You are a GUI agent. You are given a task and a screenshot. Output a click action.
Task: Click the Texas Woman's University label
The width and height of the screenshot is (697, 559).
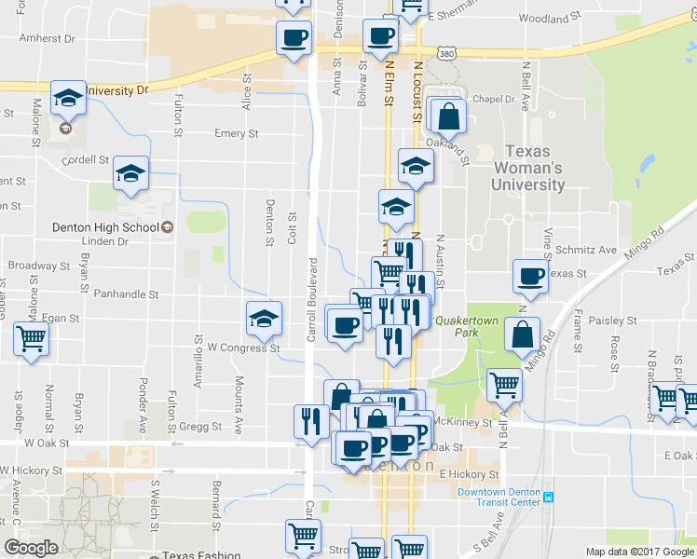click(x=534, y=168)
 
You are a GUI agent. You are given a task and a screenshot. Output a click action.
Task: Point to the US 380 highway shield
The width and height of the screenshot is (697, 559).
click(x=448, y=54)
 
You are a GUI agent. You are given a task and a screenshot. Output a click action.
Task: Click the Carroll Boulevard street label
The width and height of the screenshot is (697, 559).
click(x=313, y=298)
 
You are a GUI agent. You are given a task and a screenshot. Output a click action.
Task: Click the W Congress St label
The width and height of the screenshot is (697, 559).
click(x=243, y=348)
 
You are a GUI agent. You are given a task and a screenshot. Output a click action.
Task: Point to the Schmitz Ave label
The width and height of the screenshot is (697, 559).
click(x=584, y=250)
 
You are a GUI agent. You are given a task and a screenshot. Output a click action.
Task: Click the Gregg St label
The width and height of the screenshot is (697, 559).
click(x=201, y=426)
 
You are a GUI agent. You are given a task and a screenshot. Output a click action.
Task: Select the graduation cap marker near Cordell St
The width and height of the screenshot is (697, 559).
click(x=131, y=172)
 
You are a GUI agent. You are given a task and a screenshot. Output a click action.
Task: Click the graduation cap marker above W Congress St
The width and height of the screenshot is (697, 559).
click(x=264, y=319)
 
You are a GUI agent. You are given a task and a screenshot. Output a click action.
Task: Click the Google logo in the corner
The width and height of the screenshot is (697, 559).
click(x=31, y=548)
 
